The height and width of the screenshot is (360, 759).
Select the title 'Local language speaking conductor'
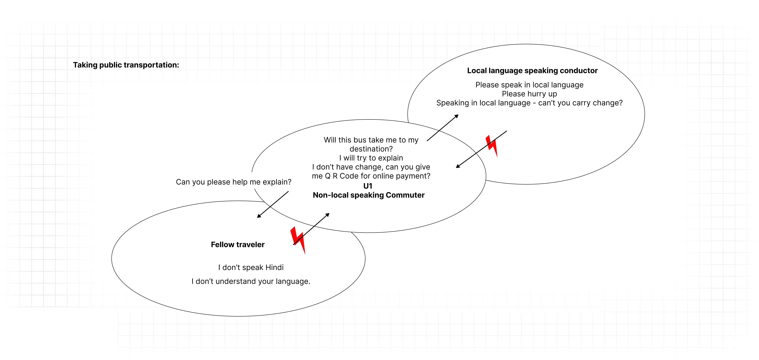pos(532,71)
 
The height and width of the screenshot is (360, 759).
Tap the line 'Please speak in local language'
pos(529,85)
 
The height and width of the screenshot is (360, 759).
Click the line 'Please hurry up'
pos(529,94)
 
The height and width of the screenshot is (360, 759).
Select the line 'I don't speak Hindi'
pos(251,267)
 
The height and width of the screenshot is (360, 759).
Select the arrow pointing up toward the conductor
pos(443,127)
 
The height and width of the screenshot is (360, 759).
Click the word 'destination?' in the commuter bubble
pos(371,149)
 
